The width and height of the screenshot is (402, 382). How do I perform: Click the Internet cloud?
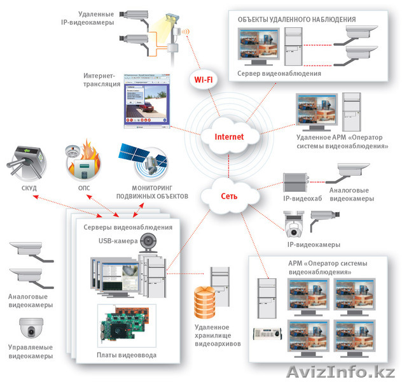click(228, 137)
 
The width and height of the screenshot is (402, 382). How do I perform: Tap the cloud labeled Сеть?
click(229, 195)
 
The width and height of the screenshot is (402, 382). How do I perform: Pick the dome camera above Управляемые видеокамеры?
click(30, 329)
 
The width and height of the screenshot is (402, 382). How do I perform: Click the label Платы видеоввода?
click(126, 354)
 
